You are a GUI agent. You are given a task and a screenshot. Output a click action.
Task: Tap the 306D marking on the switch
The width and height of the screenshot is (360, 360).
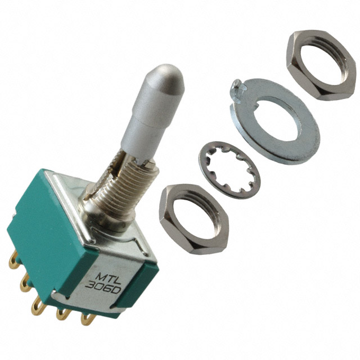click(x=103, y=287)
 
